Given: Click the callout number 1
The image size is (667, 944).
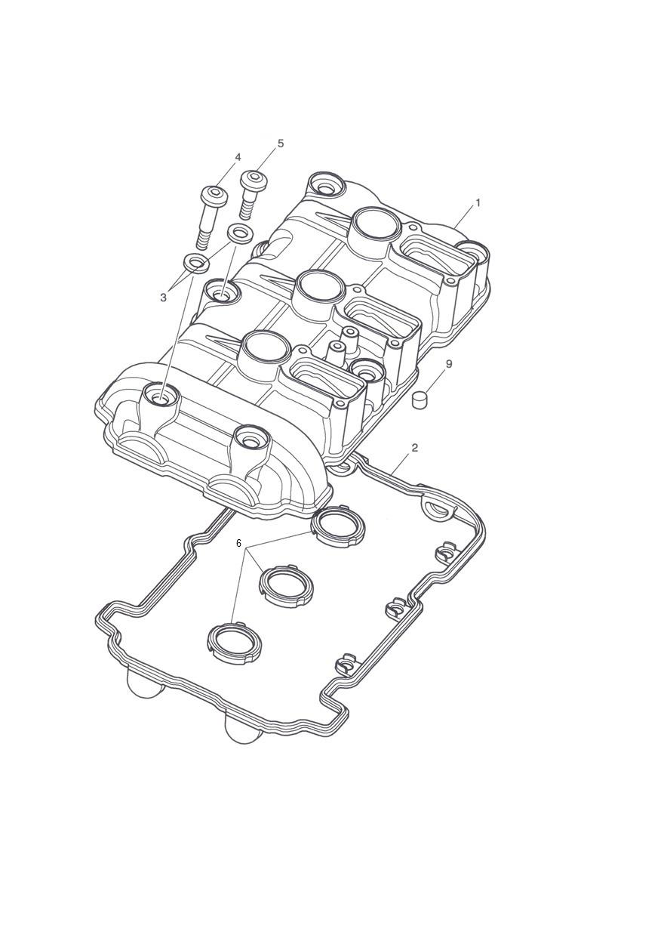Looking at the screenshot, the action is click(x=478, y=202).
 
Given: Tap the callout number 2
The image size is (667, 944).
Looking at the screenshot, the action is click(x=414, y=448).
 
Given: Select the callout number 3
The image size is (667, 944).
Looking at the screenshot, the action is click(x=164, y=298).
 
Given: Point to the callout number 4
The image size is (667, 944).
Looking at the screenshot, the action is click(x=238, y=157).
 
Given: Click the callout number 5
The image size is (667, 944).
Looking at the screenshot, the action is click(x=281, y=143).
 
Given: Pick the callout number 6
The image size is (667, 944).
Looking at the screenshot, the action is click(x=238, y=543).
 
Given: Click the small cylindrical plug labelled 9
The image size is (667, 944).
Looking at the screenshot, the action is click(x=420, y=399).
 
